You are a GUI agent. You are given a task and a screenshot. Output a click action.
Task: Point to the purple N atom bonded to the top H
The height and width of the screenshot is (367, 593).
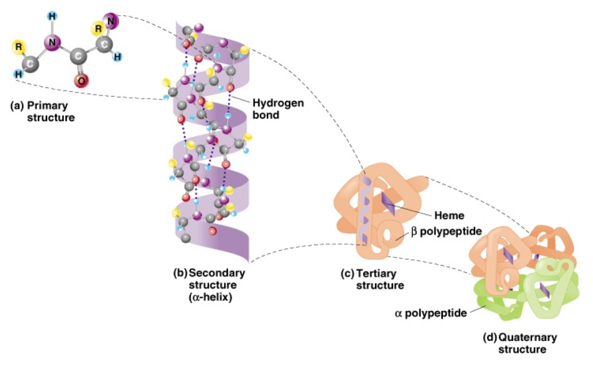[x=52, y=43]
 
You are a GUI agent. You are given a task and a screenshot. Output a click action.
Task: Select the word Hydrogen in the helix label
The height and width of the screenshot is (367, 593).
[x=278, y=104]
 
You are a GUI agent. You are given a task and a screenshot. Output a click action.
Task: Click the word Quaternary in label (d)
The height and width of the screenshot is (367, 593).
[x=528, y=338]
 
